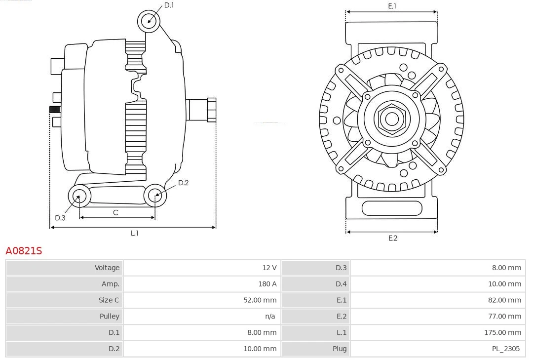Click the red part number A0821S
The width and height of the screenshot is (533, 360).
(24, 251)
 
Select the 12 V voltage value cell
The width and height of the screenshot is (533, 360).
(269, 268)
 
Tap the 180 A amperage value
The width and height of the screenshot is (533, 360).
(266, 284)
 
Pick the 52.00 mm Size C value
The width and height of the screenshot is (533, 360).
(260, 300)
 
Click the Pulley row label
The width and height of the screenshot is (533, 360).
(110, 316)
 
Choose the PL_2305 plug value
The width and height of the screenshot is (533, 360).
(505, 349)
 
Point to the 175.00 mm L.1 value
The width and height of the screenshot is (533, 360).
(502, 332)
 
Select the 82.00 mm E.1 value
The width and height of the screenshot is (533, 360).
(504, 300)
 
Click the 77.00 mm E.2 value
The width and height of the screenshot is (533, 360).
(504, 316)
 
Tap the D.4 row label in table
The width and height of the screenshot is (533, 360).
(341, 284)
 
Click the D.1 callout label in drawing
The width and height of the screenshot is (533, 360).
(169, 5)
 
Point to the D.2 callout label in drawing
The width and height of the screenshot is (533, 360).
(183, 183)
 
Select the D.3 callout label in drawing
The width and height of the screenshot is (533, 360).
(60, 218)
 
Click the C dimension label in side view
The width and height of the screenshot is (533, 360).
(115, 212)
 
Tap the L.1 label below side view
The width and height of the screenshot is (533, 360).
(134, 233)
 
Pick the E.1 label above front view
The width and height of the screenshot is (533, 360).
(392, 6)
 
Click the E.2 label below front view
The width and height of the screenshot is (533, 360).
(392, 238)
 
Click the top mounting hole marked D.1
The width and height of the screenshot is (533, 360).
(149, 21)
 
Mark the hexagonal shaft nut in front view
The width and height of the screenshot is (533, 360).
(391, 119)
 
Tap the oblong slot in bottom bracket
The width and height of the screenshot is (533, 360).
(392, 208)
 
